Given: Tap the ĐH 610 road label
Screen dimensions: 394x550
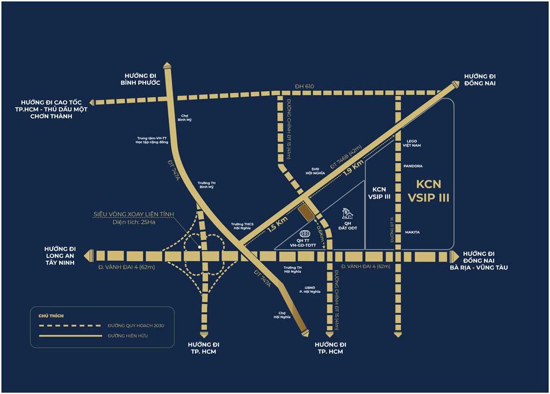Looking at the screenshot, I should [x=305, y=87].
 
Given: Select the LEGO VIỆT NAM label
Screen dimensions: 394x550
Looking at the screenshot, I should [x=412, y=143].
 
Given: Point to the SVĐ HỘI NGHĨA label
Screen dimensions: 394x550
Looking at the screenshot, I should [x=316, y=171].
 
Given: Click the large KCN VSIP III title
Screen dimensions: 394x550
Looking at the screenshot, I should [x=428, y=191].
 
